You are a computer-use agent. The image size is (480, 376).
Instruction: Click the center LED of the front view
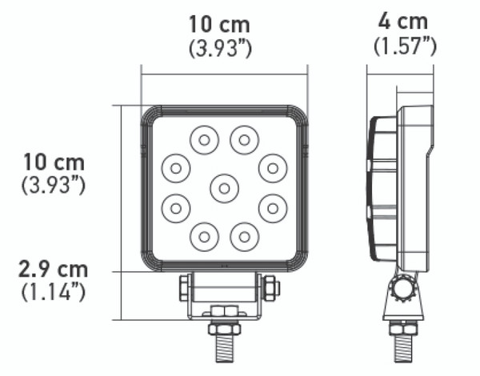[224, 188]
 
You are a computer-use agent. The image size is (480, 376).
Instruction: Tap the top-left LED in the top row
[204, 140]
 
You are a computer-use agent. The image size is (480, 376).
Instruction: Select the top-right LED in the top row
[244, 140]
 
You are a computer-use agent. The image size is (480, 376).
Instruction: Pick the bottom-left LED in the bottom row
[204, 236]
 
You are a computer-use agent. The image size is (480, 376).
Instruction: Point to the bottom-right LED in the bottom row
[244, 236]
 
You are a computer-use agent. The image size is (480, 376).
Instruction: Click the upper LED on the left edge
[175, 168]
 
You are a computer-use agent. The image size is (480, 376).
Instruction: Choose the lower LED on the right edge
[273, 208]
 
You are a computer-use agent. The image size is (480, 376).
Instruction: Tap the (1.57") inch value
[405, 46]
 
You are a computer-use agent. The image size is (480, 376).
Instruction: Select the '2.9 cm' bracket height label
[54, 269]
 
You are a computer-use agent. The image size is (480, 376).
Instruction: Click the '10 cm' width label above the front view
[219, 24]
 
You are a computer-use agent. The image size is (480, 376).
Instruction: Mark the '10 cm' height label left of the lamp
[54, 162]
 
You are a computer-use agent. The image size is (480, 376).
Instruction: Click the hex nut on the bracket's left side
[184, 286]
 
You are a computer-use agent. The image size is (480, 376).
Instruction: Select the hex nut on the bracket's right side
[270, 286]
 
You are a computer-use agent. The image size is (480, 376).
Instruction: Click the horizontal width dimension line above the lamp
[224, 74]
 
